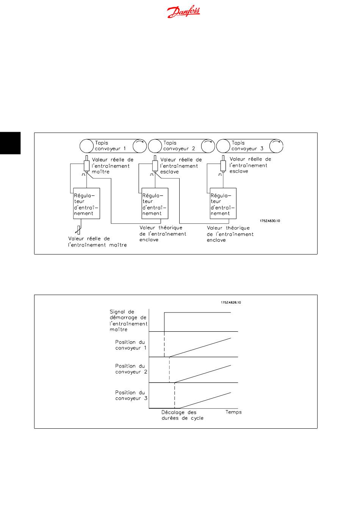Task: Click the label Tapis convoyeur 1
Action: click(x=110, y=146)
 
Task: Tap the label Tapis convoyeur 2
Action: click(x=179, y=146)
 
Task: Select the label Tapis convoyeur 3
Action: click(x=247, y=146)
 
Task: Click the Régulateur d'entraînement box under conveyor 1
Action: click(x=86, y=203)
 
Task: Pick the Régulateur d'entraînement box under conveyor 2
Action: click(x=155, y=203)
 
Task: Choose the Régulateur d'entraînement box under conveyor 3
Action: click(x=223, y=203)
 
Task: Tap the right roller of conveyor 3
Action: click(x=276, y=146)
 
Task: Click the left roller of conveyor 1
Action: click(x=87, y=146)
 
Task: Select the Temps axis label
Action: click(x=233, y=412)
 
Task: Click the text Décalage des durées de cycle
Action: click(x=182, y=415)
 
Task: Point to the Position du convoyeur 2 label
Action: click(x=131, y=369)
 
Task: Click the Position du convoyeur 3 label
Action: click(x=131, y=395)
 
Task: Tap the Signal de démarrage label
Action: click(x=128, y=321)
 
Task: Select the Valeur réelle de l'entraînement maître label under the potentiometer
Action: click(x=97, y=242)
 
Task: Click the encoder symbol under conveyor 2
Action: click(x=155, y=166)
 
